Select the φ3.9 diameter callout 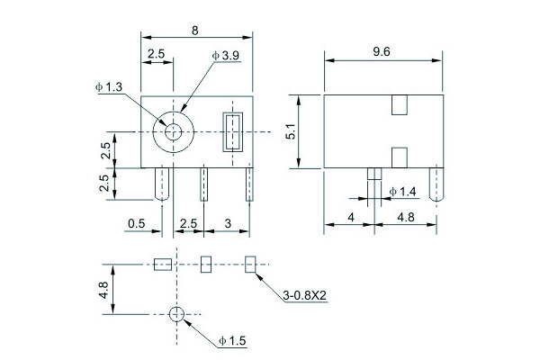[x=226, y=56]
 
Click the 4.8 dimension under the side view [x=405, y=217]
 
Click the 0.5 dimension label [x=137, y=222]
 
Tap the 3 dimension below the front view [x=229, y=222]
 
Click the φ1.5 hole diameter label [x=231, y=340]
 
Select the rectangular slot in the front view [x=234, y=131]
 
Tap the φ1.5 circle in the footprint [x=176, y=314]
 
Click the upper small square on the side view [x=400, y=105]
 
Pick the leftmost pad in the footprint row [x=162, y=265]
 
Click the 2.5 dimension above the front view [x=156, y=54]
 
